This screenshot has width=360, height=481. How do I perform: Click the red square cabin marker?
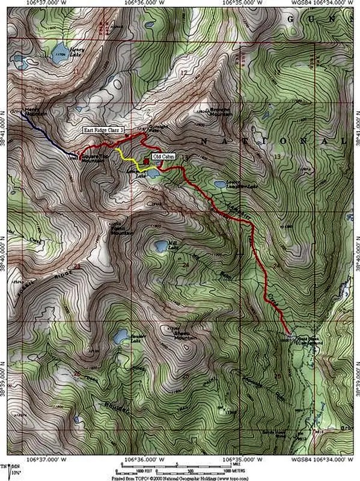pyautogui.click(x=147, y=161)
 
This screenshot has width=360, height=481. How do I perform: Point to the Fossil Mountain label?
pyautogui.click(x=120, y=230)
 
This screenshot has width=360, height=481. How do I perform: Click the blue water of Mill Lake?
pyautogui.click(x=161, y=246)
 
